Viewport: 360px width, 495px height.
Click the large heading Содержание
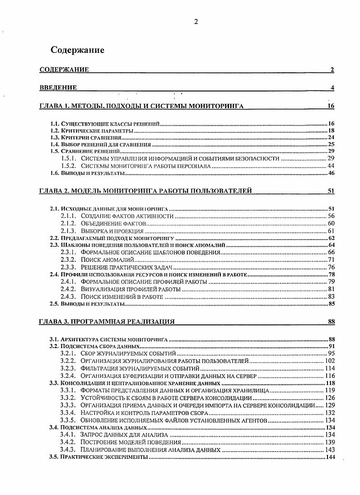pyautogui.click(x=77, y=50)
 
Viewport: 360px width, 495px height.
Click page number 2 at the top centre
pyautogui.click(x=196, y=21)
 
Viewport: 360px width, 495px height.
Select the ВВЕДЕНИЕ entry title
pyautogui.click(x=58, y=88)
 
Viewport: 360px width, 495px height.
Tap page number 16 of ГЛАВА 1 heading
pyautogui.click(x=330, y=106)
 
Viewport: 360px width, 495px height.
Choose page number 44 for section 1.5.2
pyautogui.click(x=330, y=166)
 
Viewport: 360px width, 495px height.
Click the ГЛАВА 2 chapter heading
pyautogui.click(x=145, y=191)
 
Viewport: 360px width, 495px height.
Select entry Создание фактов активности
pyautogui.click(x=127, y=217)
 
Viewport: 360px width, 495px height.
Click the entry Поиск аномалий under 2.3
pyautogui.click(x=107, y=259)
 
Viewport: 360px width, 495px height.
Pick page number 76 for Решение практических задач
pyautogui.click(x=330, y=267)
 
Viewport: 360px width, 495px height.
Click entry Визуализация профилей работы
pyautogui.click(x=131, y=288)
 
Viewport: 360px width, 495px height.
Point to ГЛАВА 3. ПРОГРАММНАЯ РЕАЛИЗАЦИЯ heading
pyautogui.click(x=107, y=322)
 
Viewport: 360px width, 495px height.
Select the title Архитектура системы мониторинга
pyautogui.click(x=115, y=339)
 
